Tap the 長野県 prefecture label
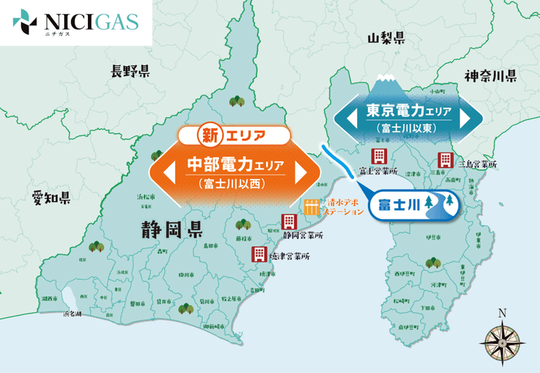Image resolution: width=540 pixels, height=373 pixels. coord(130,72)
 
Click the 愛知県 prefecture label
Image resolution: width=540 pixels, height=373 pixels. coord(51,197)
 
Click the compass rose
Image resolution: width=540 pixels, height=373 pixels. coord(502,338)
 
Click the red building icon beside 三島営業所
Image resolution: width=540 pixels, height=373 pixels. coord(445,160)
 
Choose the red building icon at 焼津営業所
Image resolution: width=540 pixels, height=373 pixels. coord(258,254)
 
